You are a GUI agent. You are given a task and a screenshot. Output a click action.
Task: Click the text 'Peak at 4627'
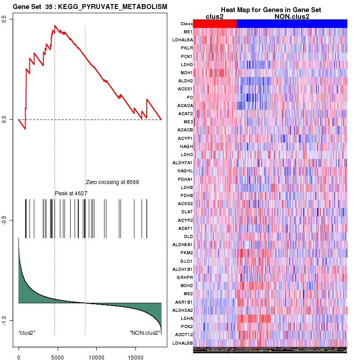pos(71,193)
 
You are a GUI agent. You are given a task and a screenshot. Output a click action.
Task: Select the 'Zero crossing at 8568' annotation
pos(112,182)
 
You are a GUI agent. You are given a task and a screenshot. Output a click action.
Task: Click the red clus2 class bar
pos(215,23)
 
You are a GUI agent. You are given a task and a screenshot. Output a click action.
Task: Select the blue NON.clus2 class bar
pos(292,23)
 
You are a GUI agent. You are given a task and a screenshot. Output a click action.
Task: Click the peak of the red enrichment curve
pos(55,26)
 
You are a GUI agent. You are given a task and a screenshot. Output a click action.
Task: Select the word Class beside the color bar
pos(186,24)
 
